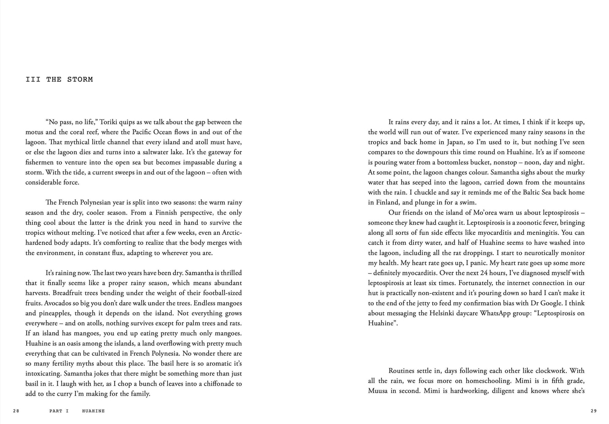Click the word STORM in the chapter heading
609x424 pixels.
[x=80, y=79]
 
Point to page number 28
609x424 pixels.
[x=16, y=411]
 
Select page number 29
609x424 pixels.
[x=594, y=411]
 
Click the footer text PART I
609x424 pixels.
[x=59, y=411]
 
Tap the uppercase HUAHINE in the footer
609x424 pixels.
[x=93, y=411]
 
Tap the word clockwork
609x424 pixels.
[x=549, y=371]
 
